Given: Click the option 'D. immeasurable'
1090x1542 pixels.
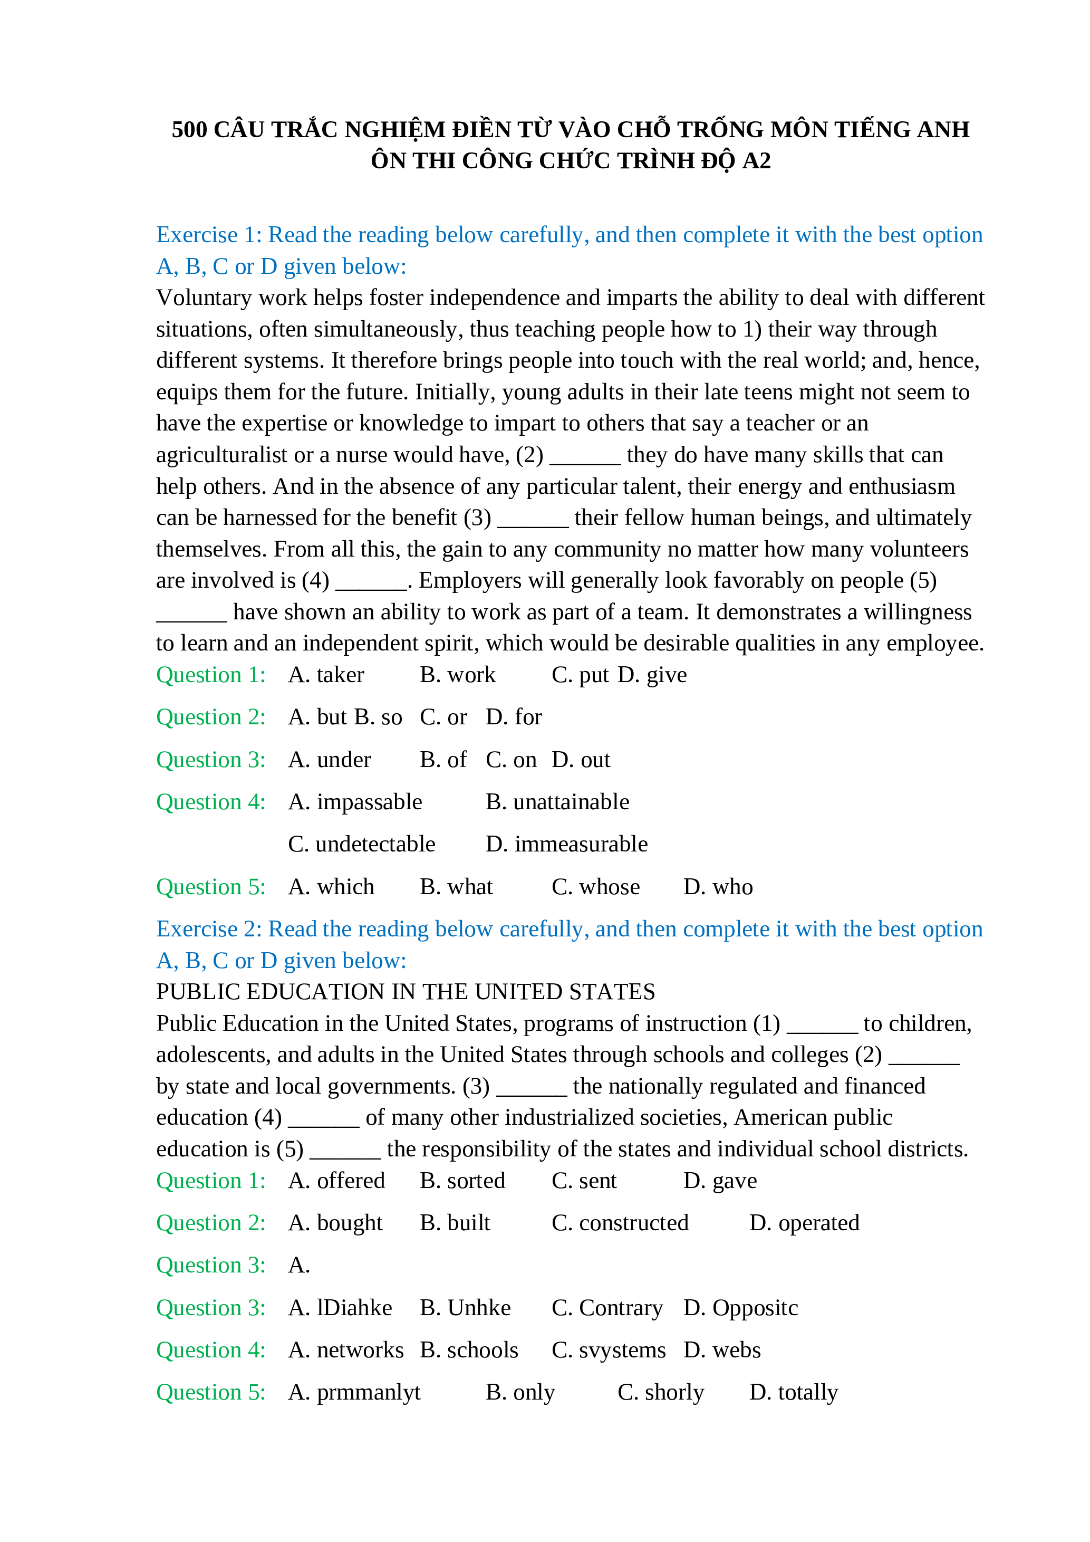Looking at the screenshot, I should (566, 844).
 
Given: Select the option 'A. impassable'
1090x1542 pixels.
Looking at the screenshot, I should (355, 802).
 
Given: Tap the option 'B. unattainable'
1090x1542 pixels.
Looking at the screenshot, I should (557, 802).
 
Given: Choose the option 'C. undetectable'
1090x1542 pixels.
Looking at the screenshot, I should (362, 844).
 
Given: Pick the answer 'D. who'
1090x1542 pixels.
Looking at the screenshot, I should (718, 887).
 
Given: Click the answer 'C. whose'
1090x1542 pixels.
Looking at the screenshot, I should (595, 887).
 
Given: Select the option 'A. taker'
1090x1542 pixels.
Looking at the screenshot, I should (326, 675).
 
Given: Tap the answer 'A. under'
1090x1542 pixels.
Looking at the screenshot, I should (330, 760).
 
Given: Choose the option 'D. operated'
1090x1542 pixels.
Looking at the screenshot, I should (804, 1223).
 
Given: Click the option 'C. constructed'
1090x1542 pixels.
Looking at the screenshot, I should (620, 1223).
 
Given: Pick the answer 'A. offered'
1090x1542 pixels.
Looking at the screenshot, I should (336, 1181).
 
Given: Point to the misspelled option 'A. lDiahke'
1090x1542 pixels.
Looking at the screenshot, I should (340, 1308).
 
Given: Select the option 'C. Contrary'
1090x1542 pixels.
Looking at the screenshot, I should (607, 1308).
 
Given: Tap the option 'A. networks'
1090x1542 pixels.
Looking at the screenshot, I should (345, 1350).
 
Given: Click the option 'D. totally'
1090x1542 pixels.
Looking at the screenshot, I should (793, 1392).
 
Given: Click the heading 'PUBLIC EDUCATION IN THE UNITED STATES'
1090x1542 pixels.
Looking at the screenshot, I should (406, 992).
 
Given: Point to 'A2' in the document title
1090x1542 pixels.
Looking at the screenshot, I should (756, 161).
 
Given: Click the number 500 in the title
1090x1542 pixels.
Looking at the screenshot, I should (189, 130).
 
